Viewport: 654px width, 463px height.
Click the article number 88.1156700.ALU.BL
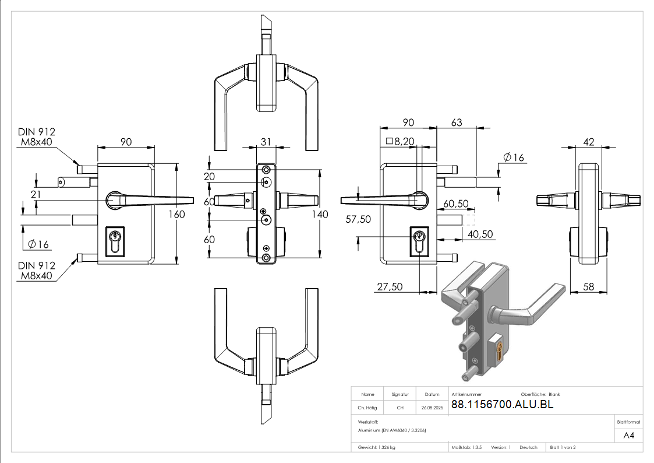click(502, 404)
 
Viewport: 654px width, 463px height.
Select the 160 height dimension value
click(176, 214)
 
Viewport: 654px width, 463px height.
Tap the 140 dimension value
click(320, 214)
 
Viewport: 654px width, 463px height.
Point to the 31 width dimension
click(266, 142)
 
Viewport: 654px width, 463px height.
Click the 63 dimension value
click(457, 122)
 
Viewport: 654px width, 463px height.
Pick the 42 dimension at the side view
click(589, 142)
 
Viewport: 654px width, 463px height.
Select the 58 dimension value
click(589, 287)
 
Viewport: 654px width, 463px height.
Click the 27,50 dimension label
click(390, 287)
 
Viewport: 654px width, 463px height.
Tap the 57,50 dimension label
click(358, 219)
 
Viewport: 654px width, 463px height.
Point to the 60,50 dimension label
click(456, 204)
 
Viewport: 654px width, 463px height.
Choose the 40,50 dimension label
click(480, 234)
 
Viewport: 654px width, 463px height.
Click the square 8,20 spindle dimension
click(400, 142)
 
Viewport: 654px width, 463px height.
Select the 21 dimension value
click(36, 194)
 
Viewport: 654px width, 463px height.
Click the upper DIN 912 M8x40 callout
click(36, 137)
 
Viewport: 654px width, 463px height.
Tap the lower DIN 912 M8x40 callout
click(36, 271)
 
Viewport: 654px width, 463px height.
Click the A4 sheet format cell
click(628, 436)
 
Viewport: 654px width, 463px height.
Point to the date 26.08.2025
click(432, 408)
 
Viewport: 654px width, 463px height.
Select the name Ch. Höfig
click(367, 408)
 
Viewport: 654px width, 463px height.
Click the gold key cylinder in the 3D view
click(500, 350)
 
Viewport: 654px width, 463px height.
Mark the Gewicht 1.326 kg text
click(377, 447)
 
